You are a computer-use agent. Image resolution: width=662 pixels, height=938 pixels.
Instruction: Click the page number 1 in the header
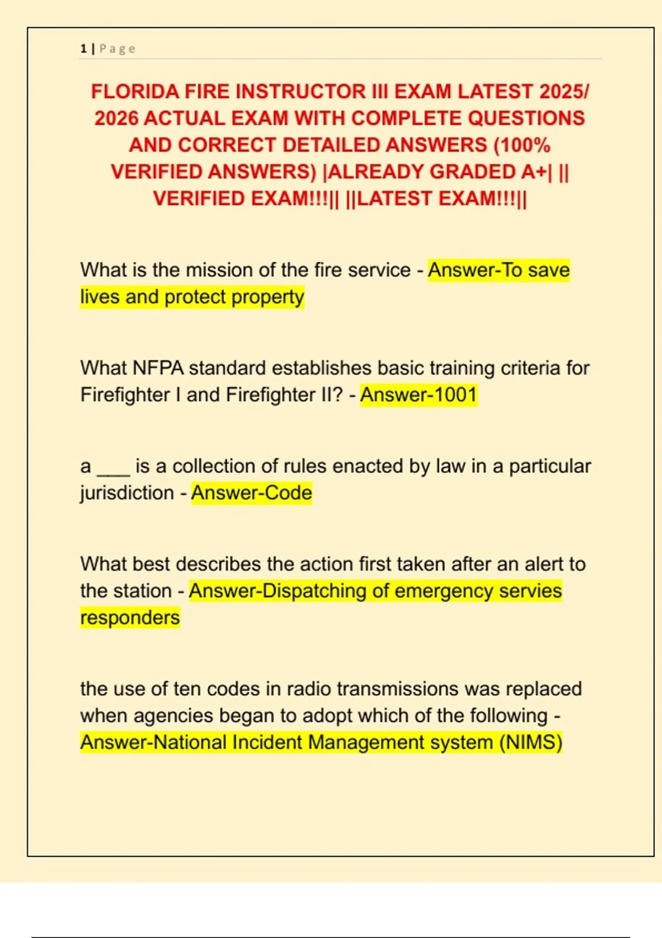tap(83, 49)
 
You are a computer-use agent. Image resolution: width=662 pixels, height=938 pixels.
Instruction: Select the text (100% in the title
tap(521, 145)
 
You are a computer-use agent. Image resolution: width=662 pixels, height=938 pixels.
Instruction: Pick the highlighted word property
tap(268, 297)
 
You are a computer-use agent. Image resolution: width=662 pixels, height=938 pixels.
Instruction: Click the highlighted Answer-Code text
tap(252, 492)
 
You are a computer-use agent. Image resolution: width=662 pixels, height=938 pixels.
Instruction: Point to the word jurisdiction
tap(127, 492)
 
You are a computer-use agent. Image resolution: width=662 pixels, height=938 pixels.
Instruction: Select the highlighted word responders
tap(130, 617)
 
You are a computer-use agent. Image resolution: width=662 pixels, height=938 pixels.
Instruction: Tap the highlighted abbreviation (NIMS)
tap(530, 742)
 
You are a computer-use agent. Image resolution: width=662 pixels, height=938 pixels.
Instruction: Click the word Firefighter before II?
tap(262, 395)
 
